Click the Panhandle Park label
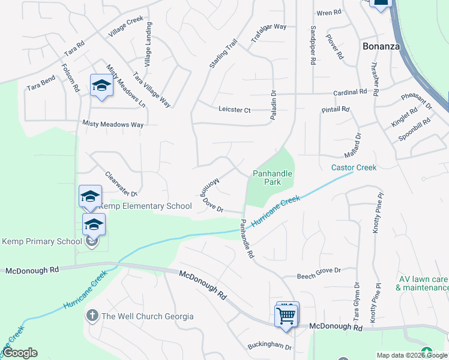tap(272, 178)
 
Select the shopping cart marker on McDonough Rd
tap(286, 314)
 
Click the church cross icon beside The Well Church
tap(92, 316)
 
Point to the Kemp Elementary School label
tap(145, 206)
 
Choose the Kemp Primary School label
tap(42, 241)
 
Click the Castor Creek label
tap(354, 167)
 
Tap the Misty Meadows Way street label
tap(113, 124)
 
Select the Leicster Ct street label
tap(234, 110)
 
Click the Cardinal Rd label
tap(350, 92)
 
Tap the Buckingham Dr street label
tap(270, 347)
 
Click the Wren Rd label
tap(328, 13)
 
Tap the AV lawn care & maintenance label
tap(423, 283)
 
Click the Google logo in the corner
tap(20, 353)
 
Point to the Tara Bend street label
tap(41, 83)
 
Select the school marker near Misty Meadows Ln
tap(101, 86)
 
